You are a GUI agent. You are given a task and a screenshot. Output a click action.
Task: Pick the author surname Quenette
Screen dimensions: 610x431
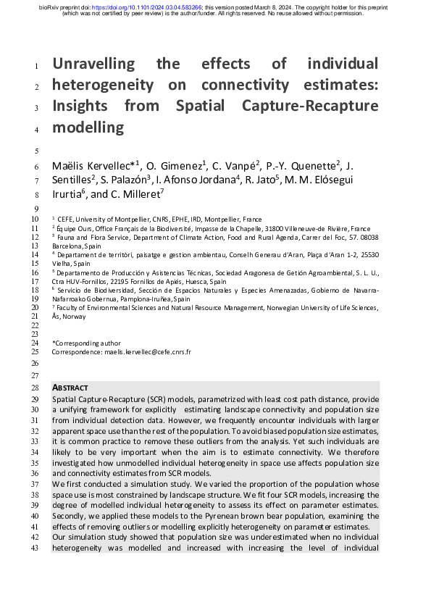[x=309, y=167]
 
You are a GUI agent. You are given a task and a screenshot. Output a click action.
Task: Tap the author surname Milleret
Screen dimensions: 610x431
[x=141, y=194]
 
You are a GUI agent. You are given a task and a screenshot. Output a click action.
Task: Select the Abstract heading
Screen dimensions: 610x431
[x=70, y=388]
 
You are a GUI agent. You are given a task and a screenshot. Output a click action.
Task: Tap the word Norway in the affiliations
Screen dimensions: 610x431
[x=75, y=317]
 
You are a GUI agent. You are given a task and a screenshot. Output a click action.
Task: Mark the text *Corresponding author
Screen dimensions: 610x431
[x=86, y=343]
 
